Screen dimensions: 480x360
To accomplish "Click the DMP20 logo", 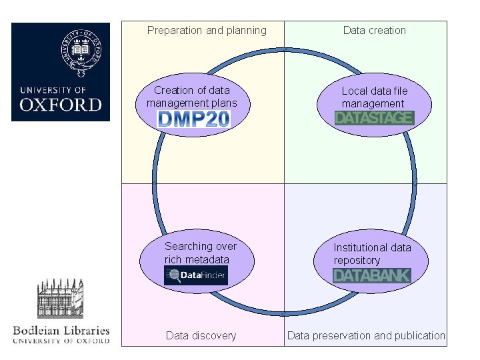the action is point(193,119).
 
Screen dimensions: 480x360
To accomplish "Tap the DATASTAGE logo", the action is point(375,118).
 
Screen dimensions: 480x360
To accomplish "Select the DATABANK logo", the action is point(371,275).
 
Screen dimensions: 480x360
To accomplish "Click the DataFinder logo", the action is point(196,275).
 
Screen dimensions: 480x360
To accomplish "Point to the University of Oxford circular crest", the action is point(81,53).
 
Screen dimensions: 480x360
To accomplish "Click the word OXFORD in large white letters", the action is point(61,105).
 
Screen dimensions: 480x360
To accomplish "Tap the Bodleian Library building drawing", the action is point(60,299).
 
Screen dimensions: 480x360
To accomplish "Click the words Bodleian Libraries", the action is point(61,331).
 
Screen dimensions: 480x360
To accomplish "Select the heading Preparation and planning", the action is point(207,30).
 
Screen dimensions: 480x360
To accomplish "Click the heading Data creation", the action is point(375,30).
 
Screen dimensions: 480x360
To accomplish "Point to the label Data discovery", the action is point(201,336).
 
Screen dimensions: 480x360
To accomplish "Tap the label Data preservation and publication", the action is point(366,336).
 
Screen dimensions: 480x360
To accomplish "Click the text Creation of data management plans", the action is point(192,97).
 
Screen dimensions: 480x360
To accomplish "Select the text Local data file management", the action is point(375,97).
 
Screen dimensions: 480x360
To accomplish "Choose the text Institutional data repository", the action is point(372,254).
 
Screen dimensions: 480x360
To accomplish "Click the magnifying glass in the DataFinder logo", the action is point(174,275).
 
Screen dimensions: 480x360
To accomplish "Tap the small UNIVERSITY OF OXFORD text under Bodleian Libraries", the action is point(61,341).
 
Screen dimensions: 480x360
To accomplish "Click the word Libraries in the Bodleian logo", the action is point(87,331).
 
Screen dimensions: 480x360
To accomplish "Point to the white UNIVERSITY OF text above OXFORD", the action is point(53,90).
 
